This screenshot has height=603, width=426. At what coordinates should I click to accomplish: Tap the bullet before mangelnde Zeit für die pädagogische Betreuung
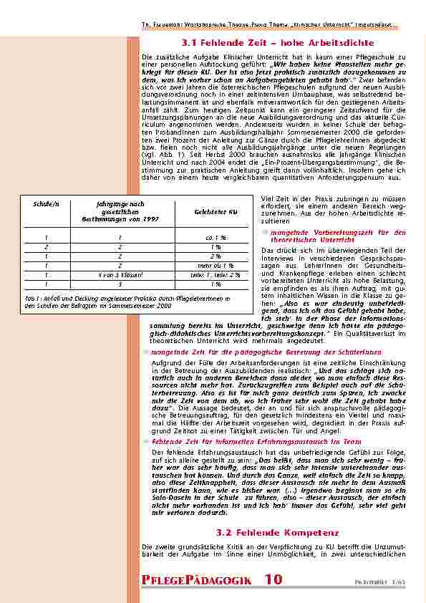click(x=145, y=352)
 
